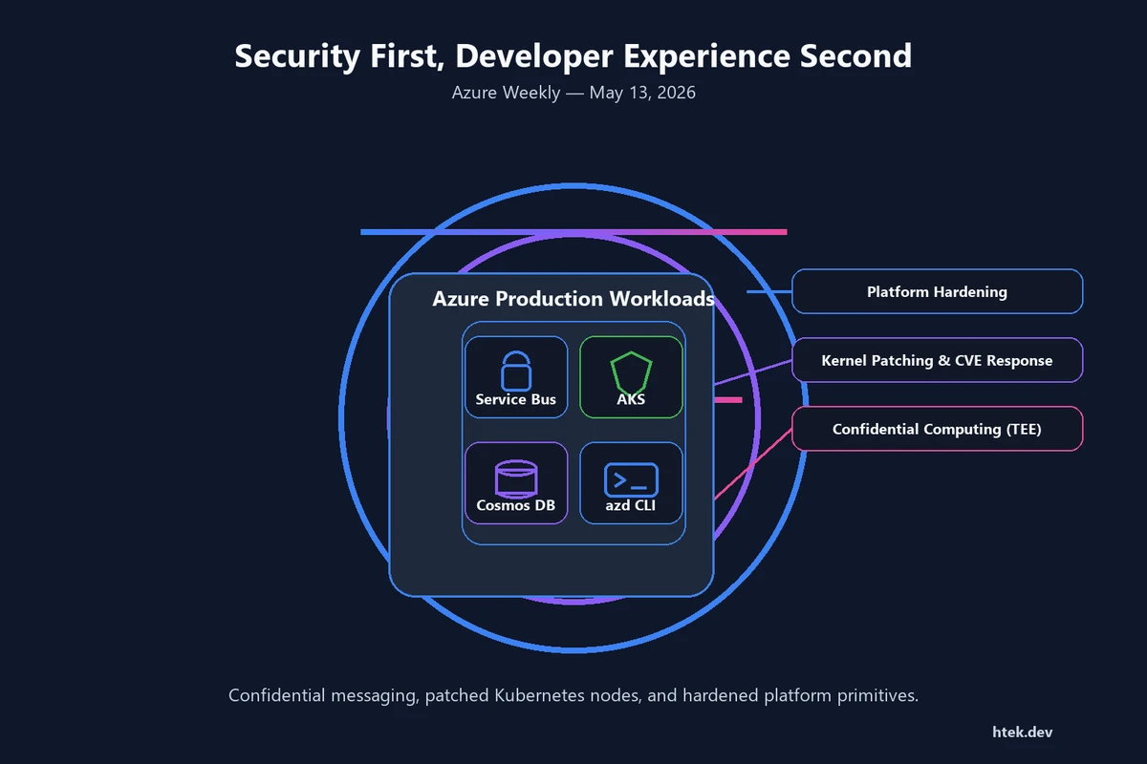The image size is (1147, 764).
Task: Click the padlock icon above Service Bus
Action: point(515,371)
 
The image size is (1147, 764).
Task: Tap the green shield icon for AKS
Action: point(631,372)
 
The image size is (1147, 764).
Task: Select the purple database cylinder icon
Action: point(516,478)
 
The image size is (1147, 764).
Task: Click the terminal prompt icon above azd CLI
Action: point(631,479)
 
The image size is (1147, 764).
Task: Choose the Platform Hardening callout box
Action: point(937,291)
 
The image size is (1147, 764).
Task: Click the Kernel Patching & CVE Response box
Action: point(937,360)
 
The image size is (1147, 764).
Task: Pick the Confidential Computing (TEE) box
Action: point(937,428)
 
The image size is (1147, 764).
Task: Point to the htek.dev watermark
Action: point(1023,732)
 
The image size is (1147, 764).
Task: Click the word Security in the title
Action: point(297,55)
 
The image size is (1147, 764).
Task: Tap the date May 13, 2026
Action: point(642,93)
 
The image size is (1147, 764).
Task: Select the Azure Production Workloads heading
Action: point(573,298)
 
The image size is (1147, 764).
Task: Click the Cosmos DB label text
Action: point(515,505)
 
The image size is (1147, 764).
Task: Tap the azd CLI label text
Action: point(630,505)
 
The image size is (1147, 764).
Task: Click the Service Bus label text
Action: point(515,399)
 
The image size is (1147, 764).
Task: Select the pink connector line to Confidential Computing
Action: point(753,464)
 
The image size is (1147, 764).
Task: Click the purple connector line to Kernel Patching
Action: point(753,372)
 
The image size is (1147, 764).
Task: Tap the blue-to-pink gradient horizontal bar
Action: point(573,232)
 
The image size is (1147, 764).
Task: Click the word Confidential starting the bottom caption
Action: point(276,695)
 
